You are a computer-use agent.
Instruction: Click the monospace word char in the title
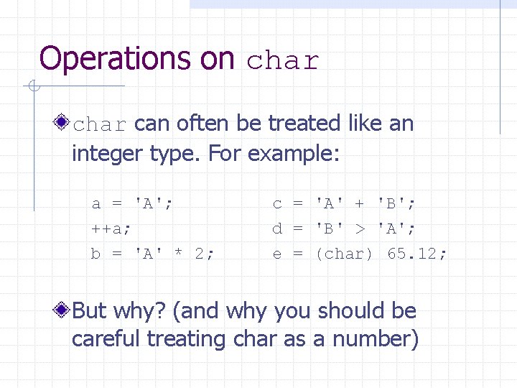[282, 61]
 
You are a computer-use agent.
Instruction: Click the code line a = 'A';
[132, 203]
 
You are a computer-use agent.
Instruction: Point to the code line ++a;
[111, 228]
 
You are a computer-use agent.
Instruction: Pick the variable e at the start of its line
[277, 254]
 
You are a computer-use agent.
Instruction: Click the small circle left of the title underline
[32, 87]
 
